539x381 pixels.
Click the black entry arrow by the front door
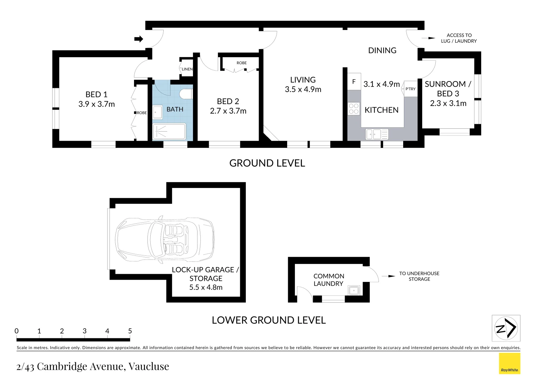click(x=139, y=39)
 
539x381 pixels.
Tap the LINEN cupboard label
click(x=187, y=69)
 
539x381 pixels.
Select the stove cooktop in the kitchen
click(x=353, y=109)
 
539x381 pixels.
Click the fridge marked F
click(x=354, y=82)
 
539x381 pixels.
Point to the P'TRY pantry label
click(x=410, y=89)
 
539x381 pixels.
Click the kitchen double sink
click(x=377, y=134)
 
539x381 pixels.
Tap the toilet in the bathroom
click(x=186, y=94)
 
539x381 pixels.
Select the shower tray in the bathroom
click(x=169, y=132)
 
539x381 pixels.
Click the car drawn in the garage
click(x=165, y=240)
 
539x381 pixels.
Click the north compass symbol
click(x=506, y=328)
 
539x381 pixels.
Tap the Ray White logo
click(x=509, y=363)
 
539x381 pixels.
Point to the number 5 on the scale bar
click(x=130, y=331)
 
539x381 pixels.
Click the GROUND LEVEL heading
click(x=267, y=163)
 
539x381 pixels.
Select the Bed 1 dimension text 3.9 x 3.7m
click(x=97, y=104)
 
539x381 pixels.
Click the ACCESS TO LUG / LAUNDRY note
click(x=459, y=38)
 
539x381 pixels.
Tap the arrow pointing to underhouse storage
click(x=389, y=276)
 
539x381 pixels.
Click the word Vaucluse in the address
click(x=149, y=367)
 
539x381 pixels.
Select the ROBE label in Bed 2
click(x=242, y=63)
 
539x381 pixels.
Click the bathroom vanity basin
click(x=157, y=112)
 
